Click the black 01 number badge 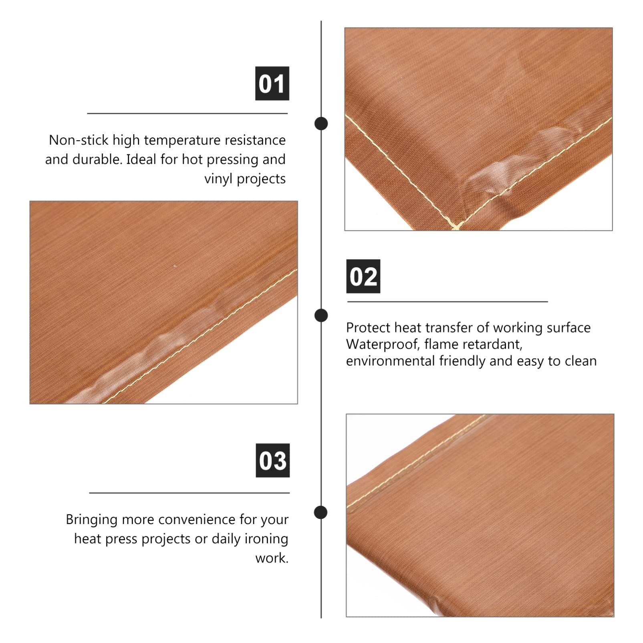(x=272, y=83)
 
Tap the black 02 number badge (x=363, y=276)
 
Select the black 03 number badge (x=272, y=460)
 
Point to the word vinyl (x=218, y=179)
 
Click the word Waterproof (x=382, y=345)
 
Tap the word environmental (x=391, y=361)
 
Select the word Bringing (x=92, y=520)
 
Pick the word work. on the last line (x=272, y=558)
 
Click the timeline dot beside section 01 (x=321, y=123)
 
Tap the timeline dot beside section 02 (x=321, y=315)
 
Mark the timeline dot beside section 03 (x=320, y=512)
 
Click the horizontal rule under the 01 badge (x=187, y=113)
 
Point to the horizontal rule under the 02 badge (x=447, y=301)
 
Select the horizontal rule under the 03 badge (x=189, y=493)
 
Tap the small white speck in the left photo (x=175, y=266)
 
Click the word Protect (x=368, y=328)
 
